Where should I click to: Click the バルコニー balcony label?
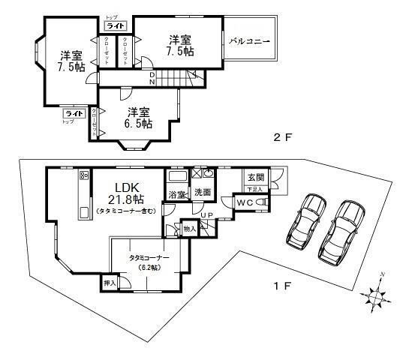tap(251, 41)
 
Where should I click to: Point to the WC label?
tap(246, 202)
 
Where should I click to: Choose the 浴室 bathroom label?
tap(177, 195)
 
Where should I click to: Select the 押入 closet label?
tap(110, 284)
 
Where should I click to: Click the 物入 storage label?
tap(189, 229)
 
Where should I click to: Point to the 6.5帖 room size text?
tap(139, 124)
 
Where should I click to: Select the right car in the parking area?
tap(341, 228)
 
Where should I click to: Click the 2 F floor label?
tap(282, 137)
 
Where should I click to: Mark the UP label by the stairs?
tap(205, 215)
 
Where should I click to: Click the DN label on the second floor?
tap(152, 78)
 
